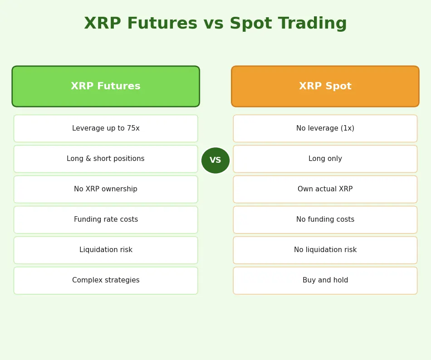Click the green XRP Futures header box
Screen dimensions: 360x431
(x=106, y=87)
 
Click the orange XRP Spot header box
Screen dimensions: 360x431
(x=325, y=87)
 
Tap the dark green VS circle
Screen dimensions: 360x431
(x=215, y=161)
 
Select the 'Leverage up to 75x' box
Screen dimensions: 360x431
(x=106, y=128)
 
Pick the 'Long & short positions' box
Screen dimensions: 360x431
(x=106, y=159)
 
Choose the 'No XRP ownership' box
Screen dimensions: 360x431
(x=106, y=189)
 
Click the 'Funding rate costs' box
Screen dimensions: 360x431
(x=106, y=219)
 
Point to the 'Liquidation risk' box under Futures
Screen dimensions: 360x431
(x=106, y=250)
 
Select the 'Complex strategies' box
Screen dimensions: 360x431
(x=106, y=280)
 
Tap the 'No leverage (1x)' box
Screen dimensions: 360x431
(x=325, y=128)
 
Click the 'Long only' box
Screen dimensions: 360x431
(x=325, y=159)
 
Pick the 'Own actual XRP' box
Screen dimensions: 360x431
(x=325, y=189)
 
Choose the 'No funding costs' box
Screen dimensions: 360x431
(x=325, y=219)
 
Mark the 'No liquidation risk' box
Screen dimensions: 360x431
(x=325, y=250)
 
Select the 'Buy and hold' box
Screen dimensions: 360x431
(x=325, y=280)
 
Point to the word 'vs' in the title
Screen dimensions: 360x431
(x=213, y=24)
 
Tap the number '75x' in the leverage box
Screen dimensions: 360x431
(x=133, y=128)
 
